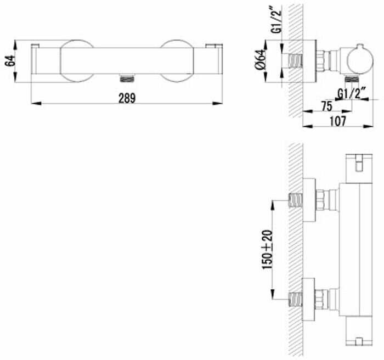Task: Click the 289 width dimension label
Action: click(x=127, y=99)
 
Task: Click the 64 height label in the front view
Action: click(x=10, y=61)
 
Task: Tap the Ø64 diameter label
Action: click(x=261, y=60)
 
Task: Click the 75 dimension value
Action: click(x=326, y=106)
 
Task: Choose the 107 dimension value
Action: click(x=338, y=121)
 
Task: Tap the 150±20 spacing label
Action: click(x=267, y=250)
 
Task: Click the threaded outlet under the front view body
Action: click(x=127, y=78)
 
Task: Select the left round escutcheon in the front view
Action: click(x=77, y=61)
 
